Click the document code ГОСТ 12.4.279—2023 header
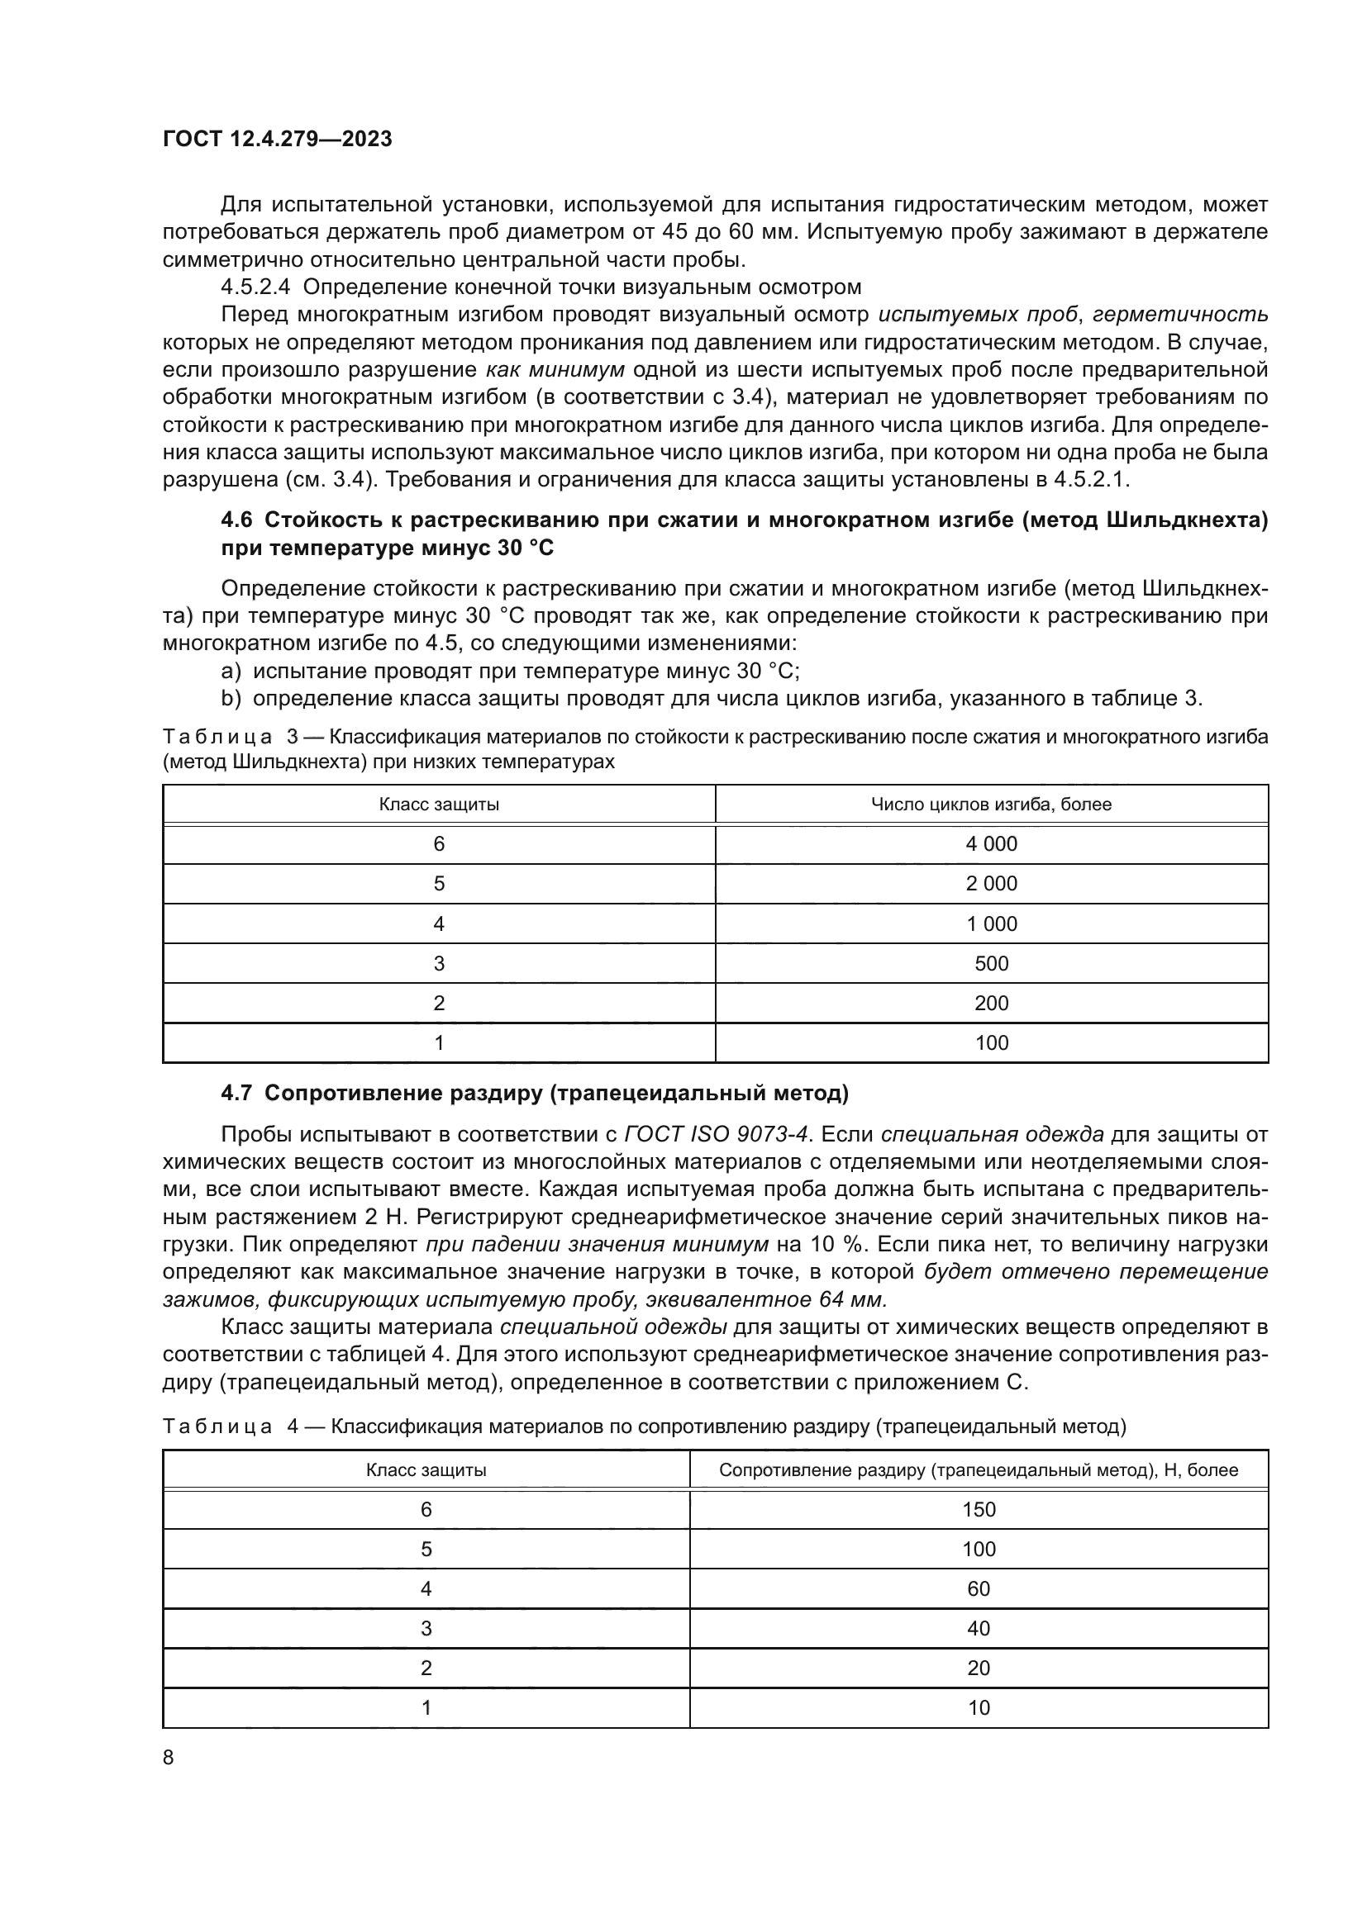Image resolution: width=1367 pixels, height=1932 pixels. coord(277,140)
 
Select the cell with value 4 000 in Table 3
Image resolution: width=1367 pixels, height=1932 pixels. coord(991,844)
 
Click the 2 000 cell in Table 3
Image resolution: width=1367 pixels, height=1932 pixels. coord(991,884)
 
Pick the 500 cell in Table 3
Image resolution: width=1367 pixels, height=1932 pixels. coord(991,963)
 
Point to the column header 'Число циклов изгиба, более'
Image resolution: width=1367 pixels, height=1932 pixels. coord(991,805)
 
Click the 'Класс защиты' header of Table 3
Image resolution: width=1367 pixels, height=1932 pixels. coord(439,805)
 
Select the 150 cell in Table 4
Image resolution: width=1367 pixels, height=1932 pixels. coord(978,1510)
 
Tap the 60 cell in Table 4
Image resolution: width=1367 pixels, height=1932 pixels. coord(978,1588)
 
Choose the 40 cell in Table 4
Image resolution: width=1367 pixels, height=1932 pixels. coord(978,1628)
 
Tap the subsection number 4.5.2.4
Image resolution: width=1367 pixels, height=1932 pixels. coord(255,287)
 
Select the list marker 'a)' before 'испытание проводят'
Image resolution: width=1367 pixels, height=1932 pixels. coord(230,672)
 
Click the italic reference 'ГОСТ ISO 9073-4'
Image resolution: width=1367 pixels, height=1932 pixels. coord(717,1134)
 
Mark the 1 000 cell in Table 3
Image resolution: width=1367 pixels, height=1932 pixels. coord(991,924)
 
